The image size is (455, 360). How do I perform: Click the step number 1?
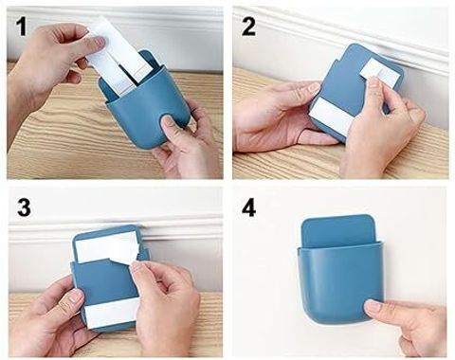tap(21, 27)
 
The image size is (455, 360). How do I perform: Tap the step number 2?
tap(248, 27)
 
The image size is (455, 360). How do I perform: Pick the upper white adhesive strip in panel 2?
tap(377, 75)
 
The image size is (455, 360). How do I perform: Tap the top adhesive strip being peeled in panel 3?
tap(107, 249)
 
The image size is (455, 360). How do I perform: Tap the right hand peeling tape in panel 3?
tap(166, 303)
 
